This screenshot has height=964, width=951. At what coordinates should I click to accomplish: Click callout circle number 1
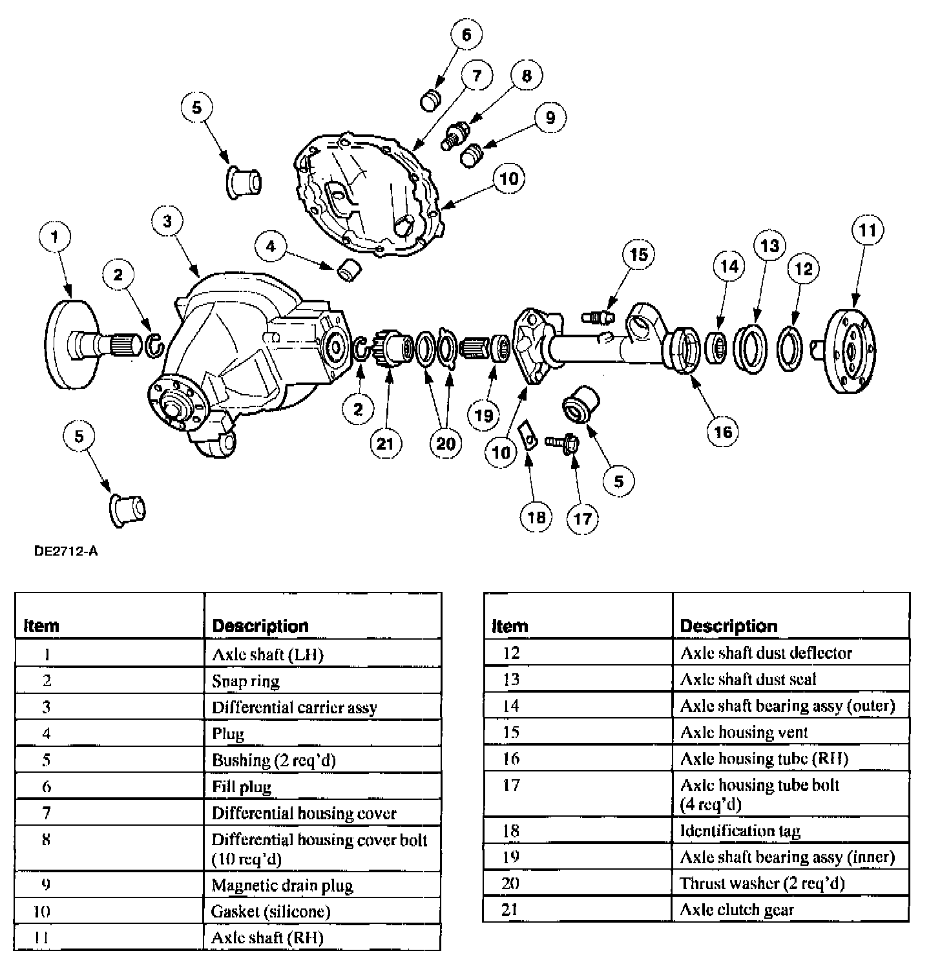(x=55, y=236)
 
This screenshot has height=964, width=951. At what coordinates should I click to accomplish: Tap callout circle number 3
(x=168, y=221)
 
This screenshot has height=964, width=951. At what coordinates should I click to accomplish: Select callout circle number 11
(x=867, y=231)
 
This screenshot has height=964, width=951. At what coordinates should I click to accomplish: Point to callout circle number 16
(x=723, y=431)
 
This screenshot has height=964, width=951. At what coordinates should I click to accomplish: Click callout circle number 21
(x=385, y=444)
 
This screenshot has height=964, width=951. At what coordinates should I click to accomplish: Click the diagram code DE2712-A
(x=67, y=551)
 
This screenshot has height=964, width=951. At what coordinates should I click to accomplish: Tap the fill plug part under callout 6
(x=429, y=100)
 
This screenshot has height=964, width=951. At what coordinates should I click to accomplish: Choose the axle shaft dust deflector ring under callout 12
(x=789, y=350)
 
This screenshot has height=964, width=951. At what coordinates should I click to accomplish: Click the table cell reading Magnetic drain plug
(x=282, y=885)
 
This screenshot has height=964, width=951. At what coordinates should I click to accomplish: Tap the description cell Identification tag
(x=740, y=831)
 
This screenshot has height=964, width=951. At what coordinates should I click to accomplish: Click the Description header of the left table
(x=260, y=625)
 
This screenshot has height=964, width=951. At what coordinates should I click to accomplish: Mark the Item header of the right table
(x=510, y=625)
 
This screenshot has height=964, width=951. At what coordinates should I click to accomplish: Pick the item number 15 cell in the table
(x=511, y=732)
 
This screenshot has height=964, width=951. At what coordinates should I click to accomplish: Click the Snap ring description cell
(x=246, y=681)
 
